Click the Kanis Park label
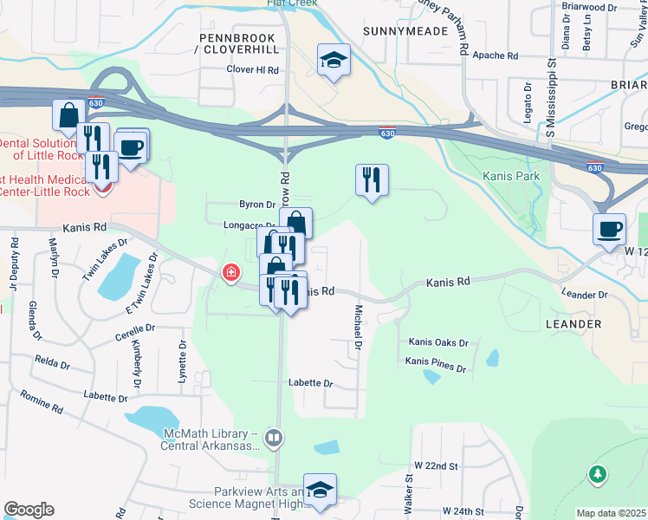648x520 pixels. [511, 176]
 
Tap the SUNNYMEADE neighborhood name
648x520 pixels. [406, 30]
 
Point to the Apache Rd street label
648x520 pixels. [495, 55]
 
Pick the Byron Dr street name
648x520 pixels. [257, 205]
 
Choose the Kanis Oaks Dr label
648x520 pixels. [438, 342]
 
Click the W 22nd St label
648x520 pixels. [436, 465]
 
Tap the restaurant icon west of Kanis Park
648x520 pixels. [372, 180]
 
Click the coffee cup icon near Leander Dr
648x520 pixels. [609, 229]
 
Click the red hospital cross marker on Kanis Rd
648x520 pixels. [230, 274]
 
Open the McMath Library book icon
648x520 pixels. [275, 439]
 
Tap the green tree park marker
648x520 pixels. [596, 474]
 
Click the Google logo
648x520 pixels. [29, 510]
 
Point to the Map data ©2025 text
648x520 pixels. [611, 513]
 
